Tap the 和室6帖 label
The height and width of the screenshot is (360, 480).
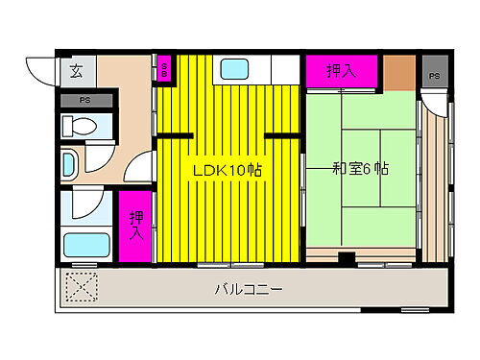coord(360,169)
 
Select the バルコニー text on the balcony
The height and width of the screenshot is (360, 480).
coord(249,289)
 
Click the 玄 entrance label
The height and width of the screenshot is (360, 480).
coord(76,70)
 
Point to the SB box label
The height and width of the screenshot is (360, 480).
coord(164,69)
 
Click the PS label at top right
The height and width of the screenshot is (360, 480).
coord(435,75)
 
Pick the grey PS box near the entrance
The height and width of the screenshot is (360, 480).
coord(84,100)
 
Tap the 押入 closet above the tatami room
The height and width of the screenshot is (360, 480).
coord(340,70)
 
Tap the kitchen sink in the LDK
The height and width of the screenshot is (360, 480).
coord(235,69)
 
